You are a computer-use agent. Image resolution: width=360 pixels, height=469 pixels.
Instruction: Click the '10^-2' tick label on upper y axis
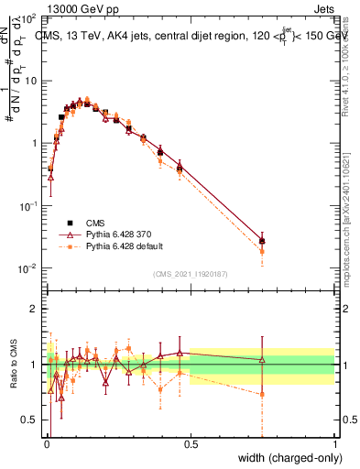pos(27,268)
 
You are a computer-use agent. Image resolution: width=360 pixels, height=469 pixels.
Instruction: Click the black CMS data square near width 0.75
pos(262,241)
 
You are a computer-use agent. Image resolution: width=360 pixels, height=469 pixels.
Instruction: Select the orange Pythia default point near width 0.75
pos(262,251)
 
